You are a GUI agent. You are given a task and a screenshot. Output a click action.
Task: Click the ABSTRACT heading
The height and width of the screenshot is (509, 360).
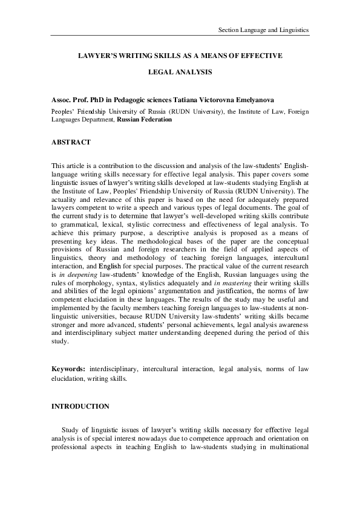71,143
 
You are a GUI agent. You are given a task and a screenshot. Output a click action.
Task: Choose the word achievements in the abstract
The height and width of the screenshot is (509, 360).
217,323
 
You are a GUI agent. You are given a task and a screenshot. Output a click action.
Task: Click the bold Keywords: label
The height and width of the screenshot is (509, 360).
68,368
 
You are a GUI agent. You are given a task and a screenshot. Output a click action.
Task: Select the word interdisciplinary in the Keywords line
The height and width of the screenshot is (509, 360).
116,368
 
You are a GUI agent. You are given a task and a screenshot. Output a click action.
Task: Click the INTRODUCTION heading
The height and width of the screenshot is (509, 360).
80,406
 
